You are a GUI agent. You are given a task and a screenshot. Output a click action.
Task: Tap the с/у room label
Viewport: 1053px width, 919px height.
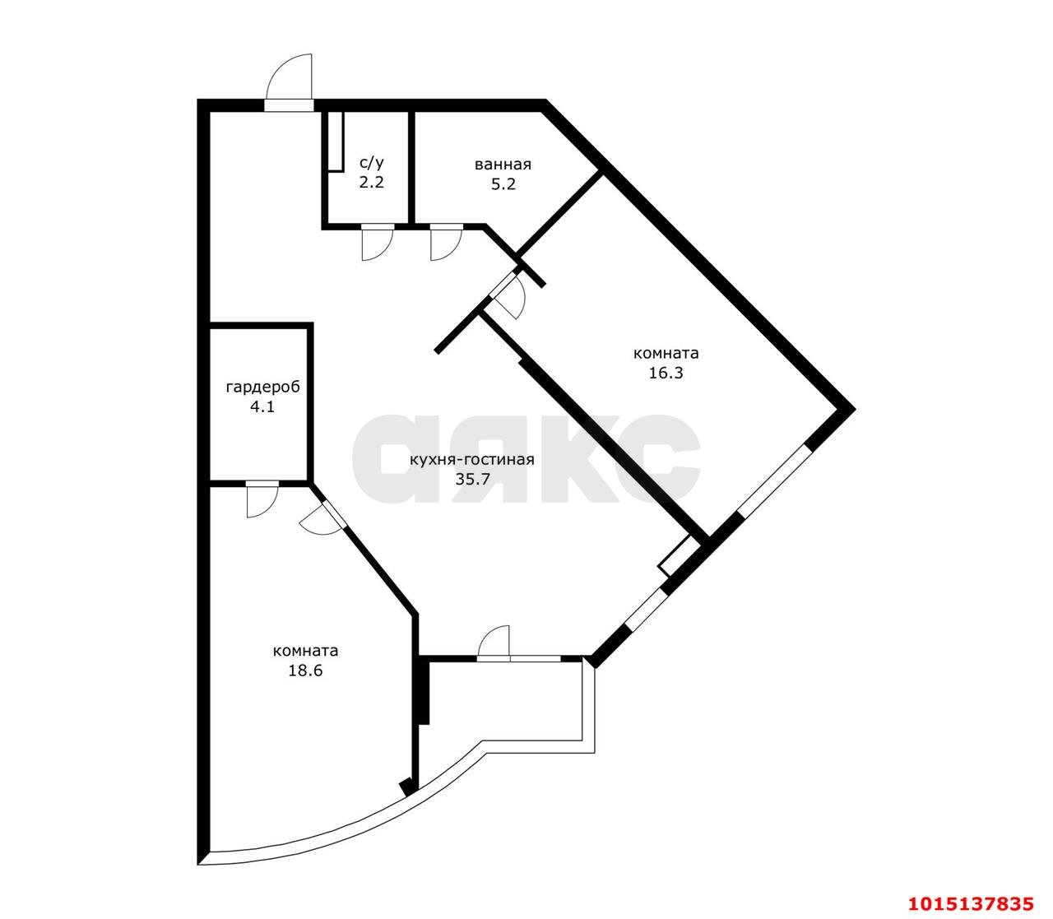(371, 163)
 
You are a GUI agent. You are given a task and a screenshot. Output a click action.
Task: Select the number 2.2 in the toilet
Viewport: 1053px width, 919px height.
(371, 183)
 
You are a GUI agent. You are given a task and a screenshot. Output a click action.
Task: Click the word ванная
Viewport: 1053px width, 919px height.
(503, 165)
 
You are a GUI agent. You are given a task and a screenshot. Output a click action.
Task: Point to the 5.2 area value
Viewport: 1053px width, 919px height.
(503, 184)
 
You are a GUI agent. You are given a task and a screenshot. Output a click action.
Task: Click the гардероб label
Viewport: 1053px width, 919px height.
(262, 387)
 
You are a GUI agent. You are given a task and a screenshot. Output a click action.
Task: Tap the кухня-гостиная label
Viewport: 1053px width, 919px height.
(471, 460)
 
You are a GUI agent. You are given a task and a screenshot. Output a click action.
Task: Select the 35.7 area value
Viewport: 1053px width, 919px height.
(471, 480)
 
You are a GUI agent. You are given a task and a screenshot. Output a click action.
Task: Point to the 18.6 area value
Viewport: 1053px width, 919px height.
(305, 671)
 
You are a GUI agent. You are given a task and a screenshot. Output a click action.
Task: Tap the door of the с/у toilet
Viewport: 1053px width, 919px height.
(376, 242)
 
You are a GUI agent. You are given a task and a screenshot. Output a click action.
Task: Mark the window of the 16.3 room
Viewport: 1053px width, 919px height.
(773, 481)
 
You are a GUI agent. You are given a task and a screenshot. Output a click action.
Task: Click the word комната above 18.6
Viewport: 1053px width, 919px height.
(305, 651)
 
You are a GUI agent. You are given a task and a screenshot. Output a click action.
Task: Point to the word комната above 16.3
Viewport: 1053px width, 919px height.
(666, 353)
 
